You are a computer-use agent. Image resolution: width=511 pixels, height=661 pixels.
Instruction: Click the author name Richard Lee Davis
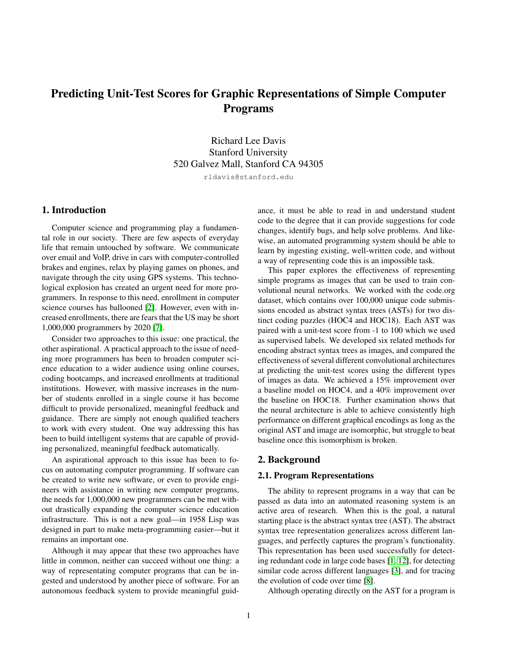[248, 141]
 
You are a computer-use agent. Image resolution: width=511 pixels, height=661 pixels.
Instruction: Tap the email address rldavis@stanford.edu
[248, 177]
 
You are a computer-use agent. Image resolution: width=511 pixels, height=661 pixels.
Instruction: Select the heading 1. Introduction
[74, 210]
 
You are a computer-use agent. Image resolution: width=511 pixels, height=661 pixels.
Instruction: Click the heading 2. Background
[289, 459]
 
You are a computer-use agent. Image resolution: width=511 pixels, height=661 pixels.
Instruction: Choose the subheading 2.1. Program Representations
[316, 476]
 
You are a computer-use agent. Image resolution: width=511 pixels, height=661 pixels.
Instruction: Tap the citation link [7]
[159, 328]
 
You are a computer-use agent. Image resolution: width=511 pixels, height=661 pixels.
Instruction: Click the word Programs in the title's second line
[248, 109]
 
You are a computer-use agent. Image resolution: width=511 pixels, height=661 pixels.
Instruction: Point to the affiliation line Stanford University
[248, 152]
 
